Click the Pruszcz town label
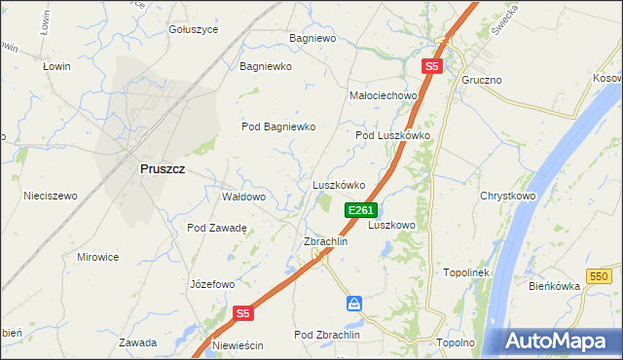(x=163, y=168)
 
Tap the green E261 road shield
(x=360, y=210)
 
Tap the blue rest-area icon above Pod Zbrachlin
(x=354, y=304)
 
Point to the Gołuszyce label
(x=193, y=30)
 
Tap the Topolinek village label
(x=466, y=274)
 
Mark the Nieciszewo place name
(x=50, y=196)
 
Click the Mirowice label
(x=97, y=257)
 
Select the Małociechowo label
(x=383, y=95)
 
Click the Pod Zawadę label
(x=217, y=228)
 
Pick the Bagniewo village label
(x=311, y=39)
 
